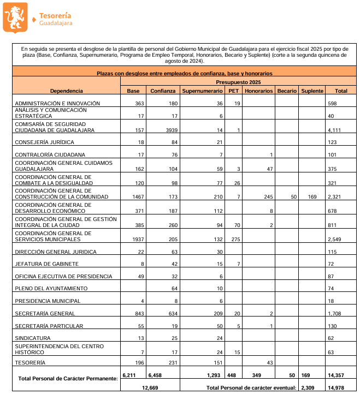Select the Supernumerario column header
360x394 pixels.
tap(203, 91)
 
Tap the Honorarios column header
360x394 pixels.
tap(258, 91)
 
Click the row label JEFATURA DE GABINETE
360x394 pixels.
tap(47, 264)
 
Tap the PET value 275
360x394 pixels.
tap(233, 240)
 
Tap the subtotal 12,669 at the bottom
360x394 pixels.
tap(149, 387)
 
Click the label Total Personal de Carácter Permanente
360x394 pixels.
tap(68, 378)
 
